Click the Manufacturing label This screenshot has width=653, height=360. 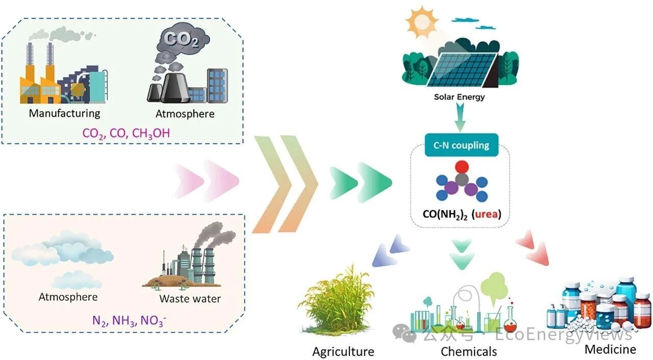point(64,113)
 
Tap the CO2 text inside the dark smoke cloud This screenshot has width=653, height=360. point(181,39)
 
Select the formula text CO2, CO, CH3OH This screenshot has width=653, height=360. point(126,134)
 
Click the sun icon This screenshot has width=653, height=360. point(421,22)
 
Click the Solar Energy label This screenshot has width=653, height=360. point(459,97)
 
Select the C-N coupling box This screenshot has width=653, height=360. point(461,145)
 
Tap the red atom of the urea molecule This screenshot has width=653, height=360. point(462,167)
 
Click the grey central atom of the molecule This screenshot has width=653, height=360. point(462,179)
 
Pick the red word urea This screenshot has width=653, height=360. point(486,214)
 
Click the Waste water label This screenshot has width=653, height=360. point(190,298)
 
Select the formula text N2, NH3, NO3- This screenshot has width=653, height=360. point(129,320)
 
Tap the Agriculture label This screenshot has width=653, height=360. point(343,351)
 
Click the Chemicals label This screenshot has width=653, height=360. point(469,351)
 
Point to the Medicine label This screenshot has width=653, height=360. point(611,349)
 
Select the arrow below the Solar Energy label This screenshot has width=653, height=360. point(460,117)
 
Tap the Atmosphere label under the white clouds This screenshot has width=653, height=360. point(68,297)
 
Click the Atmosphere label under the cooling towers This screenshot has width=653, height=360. point(185,114)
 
